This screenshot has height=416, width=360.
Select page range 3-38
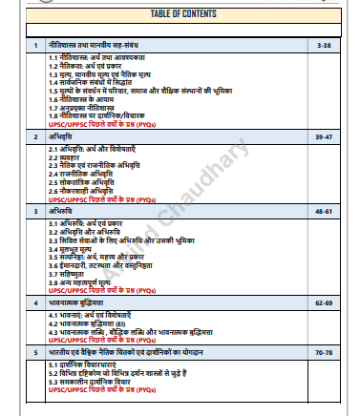(326, 45)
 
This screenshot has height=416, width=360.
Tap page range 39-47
(326, 137)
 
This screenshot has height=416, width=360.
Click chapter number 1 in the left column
(34, 45)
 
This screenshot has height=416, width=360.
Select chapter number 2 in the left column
(34, 137)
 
